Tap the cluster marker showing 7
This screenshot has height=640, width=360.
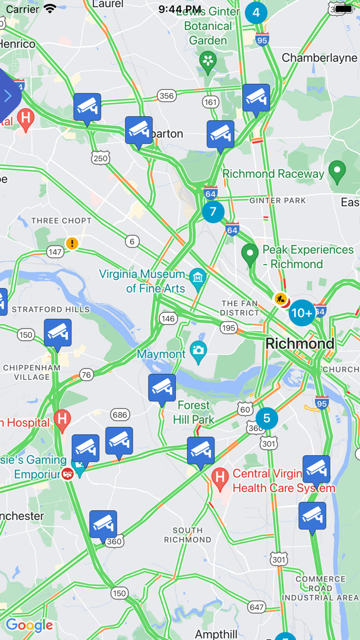coord(213,211)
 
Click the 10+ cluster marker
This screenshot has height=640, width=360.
coord(302,313)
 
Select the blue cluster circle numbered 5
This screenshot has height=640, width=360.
coord(266,418)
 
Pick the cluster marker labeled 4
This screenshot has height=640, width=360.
coord(256,12)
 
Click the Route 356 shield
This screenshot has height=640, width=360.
coord(167,95)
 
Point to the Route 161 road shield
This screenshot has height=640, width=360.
coord(211,102)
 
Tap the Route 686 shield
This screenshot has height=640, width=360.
coord(120,415)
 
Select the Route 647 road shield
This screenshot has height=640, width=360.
coord(257,607)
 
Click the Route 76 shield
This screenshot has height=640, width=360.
coord(86,375)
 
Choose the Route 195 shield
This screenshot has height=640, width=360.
coord(228,328)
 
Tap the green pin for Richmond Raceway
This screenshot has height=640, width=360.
coord(337,172)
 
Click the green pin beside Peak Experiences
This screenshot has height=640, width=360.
coord(250,255)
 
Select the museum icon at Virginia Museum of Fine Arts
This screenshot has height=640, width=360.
coord(197,277)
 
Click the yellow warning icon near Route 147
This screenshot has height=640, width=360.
coord(72,243)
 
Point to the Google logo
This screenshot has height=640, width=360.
coord(29,625)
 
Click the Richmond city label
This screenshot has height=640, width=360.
coord(300,344)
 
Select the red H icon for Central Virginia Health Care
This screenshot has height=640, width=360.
coord(220,478)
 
